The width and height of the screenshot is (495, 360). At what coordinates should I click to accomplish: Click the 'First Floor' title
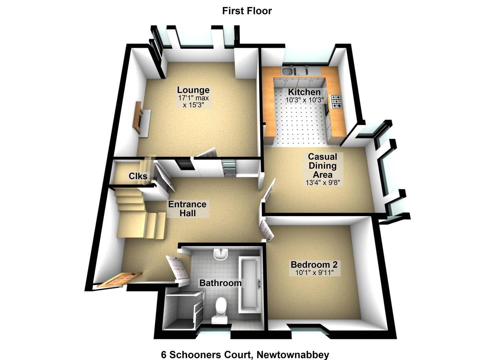tap(247, 11)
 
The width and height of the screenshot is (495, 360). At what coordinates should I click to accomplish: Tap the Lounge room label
tap(193, 90)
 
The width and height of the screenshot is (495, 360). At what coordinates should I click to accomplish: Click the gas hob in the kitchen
tap(336, 102)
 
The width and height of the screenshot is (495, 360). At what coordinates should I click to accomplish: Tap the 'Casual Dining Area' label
tap(323, 166)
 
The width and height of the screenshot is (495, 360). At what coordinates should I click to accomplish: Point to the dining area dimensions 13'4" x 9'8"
tap(323, 183)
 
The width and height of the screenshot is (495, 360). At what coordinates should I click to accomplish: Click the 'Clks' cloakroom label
tap(138, 176)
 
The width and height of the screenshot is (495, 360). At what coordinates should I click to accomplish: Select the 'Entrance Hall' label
tap(187, 209)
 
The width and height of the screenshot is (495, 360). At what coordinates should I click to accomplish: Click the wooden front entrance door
tap(120, 280)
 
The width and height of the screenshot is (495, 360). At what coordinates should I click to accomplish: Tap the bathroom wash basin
tap(221, 255)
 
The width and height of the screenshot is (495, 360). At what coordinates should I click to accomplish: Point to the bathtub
tap(249, 285)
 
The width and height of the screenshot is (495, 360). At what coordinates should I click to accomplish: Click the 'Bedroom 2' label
tap(314, 265)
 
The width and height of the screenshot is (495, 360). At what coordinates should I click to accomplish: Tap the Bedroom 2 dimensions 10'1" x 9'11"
tap(314, 273)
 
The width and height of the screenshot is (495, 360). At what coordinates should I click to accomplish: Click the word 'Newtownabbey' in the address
tap(293, 349)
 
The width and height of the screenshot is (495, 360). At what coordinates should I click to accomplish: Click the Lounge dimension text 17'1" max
tap(193, 98)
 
